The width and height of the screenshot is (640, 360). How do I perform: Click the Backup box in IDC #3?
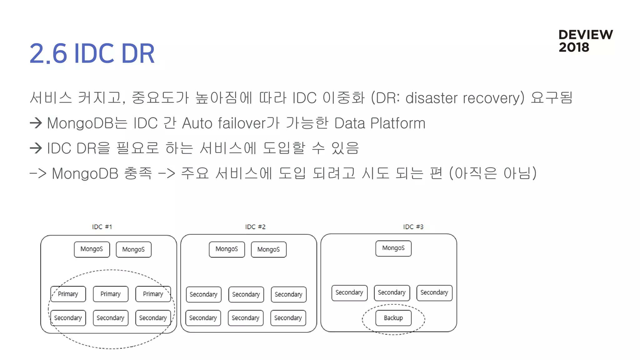click(x=393, y=318)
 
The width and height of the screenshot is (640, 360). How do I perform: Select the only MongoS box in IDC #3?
click(x=393, y=248)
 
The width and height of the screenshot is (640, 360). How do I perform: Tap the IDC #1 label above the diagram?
click(x=102, y=227)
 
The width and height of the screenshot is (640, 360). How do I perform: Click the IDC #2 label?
click(x=255, y=227)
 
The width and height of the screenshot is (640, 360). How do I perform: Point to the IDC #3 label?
click(x=413, y=227)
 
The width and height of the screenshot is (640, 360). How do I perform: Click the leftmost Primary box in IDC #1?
click(x=68, y=294)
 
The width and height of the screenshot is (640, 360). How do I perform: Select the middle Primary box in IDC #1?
click(x=110, y=294)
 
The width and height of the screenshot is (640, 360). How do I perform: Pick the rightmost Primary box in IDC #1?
click(x=153, y=294)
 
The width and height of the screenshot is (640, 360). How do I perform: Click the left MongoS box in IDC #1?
click(x=92, y=249)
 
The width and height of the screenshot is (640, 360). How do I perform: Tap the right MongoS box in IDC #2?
click(x=268, y=249)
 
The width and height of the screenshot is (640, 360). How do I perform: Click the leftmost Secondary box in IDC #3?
click(x=349, y=292)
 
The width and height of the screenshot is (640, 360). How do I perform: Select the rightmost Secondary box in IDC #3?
click(x=434, y=292)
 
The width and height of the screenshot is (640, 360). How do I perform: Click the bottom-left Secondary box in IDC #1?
click(x=68, y=318)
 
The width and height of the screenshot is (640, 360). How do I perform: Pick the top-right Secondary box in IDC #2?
click(x=288, y=294)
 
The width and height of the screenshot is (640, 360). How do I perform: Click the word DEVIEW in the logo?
click(x=585, y=35)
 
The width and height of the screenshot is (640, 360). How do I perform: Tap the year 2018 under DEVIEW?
click(x=574, y=47)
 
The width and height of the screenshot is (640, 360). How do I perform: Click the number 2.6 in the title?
click(x=48, y=53)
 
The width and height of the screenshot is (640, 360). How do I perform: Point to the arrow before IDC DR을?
click(x=36, y=148)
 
